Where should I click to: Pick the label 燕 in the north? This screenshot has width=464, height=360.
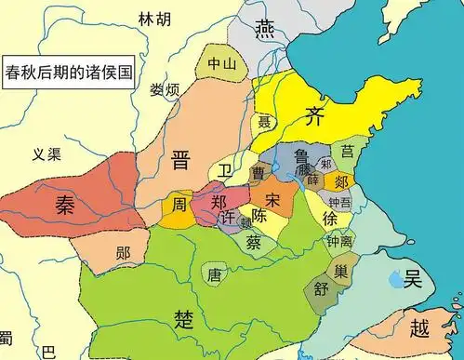point(267,25)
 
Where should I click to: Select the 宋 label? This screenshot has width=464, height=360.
point(272,199)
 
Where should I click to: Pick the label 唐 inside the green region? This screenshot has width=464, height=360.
point(216,274)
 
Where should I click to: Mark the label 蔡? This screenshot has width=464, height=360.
point(254,241)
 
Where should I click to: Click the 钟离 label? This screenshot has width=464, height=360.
point(338,239)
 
